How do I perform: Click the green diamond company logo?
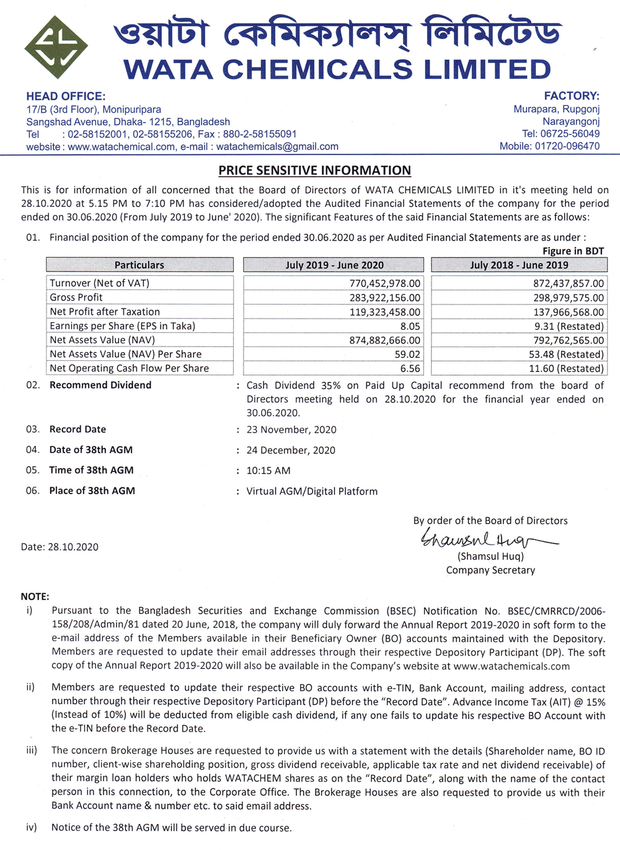point(56,47)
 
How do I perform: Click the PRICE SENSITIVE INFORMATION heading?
point(314,170)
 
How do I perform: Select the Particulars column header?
point(139,265)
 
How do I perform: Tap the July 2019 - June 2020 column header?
point(334,265)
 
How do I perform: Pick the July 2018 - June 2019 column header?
point(519,265)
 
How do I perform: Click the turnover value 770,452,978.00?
point(384,283)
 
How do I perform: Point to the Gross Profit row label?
point(76,298)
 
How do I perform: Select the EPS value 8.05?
point(410,326)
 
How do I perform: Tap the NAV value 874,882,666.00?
point(384,340)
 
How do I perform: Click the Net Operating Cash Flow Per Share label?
point(129,368)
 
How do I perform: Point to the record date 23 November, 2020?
point(291,430)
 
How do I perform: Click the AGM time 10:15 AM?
point(268,471)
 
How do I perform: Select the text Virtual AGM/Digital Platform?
point(312,491)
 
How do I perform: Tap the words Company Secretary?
point(490,570)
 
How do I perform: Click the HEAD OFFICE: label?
point(66,96)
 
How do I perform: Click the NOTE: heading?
point(35,596)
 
